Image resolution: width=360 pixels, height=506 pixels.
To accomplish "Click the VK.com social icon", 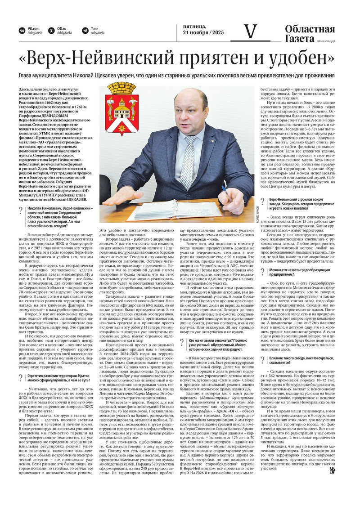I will (22, 31).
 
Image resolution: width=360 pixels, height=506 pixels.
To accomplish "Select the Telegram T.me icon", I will (85, 31).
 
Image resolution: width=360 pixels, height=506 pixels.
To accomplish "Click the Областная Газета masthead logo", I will (310, 34).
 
